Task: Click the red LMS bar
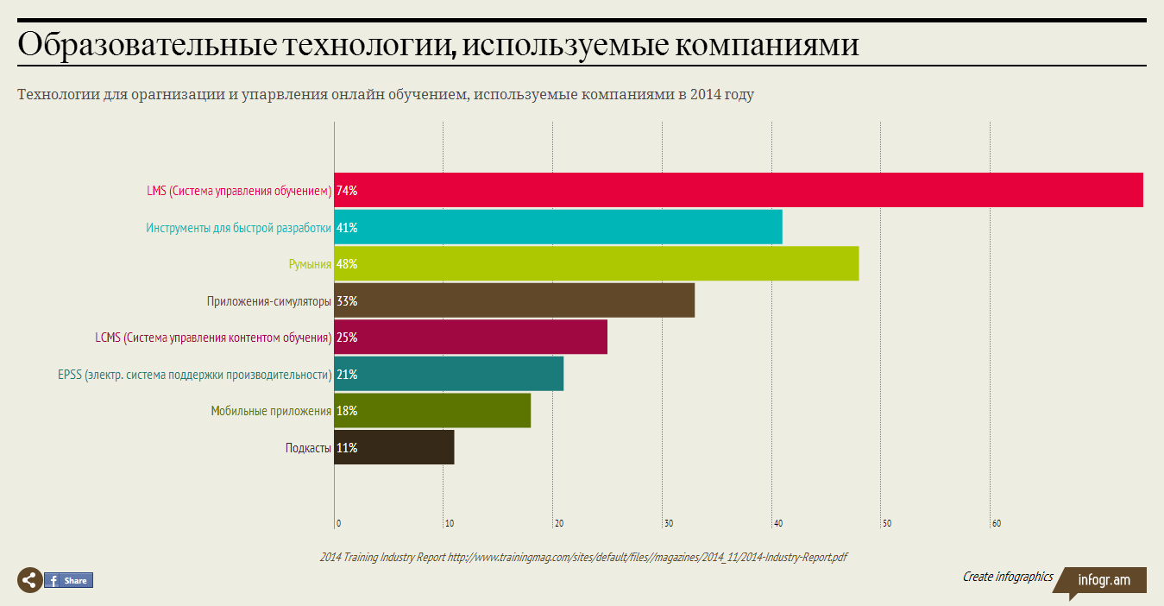coord(739,190)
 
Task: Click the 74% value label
coord(347,191)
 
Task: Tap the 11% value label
coord(347,448)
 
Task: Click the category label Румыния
coord(310,264)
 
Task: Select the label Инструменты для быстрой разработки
coord(238,228)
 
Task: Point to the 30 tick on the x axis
coord(668,523)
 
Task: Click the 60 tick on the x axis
coord(996,523)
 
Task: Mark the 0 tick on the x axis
coord(338,523)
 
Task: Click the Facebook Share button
coord(68,581)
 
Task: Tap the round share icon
coord(29,581)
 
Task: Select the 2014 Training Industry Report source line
coord(582,557)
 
